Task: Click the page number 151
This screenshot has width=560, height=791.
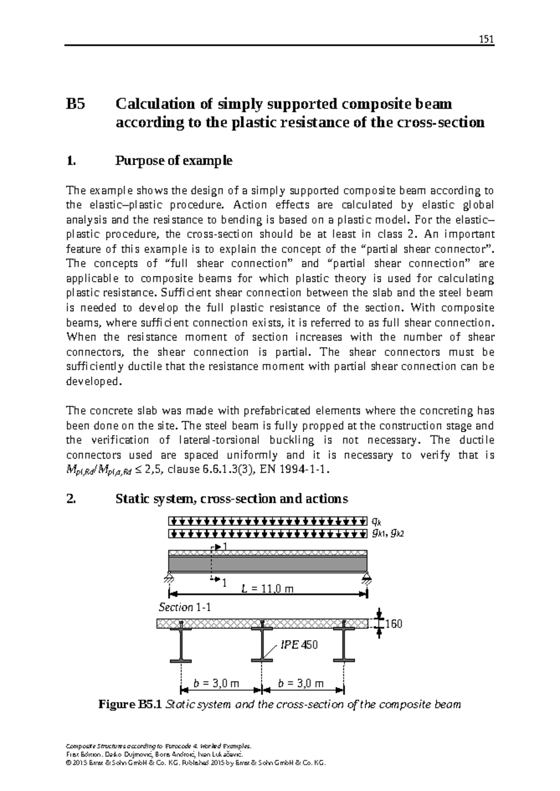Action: [486, 39]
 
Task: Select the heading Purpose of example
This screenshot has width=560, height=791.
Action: [174, 161]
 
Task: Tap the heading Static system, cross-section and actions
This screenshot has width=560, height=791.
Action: [231, 499]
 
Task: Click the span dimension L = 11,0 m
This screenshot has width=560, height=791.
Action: [267, 588]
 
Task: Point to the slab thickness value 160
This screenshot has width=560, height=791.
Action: [393, 624]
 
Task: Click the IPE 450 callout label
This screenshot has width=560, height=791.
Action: [299, 645]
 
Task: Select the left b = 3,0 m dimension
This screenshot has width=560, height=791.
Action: [216, 684]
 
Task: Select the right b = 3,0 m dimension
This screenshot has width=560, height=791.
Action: [301, 684]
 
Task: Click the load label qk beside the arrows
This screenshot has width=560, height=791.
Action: [375, 520]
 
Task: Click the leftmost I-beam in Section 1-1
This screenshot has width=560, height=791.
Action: [181, 644]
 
